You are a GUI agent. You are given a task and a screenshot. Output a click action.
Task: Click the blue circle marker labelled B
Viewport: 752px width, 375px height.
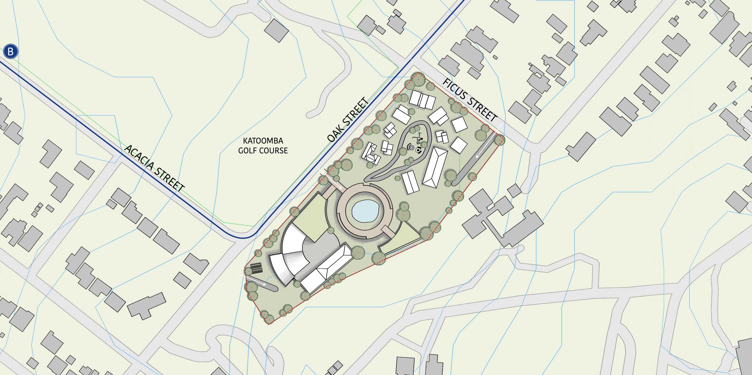point(11,52)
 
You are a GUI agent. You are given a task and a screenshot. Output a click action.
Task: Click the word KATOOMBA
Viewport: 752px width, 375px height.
point(263,141)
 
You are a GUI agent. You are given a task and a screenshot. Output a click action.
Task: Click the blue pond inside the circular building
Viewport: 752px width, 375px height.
point(365,211)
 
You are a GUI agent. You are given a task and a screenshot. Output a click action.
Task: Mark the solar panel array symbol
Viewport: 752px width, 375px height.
point(256,268)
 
